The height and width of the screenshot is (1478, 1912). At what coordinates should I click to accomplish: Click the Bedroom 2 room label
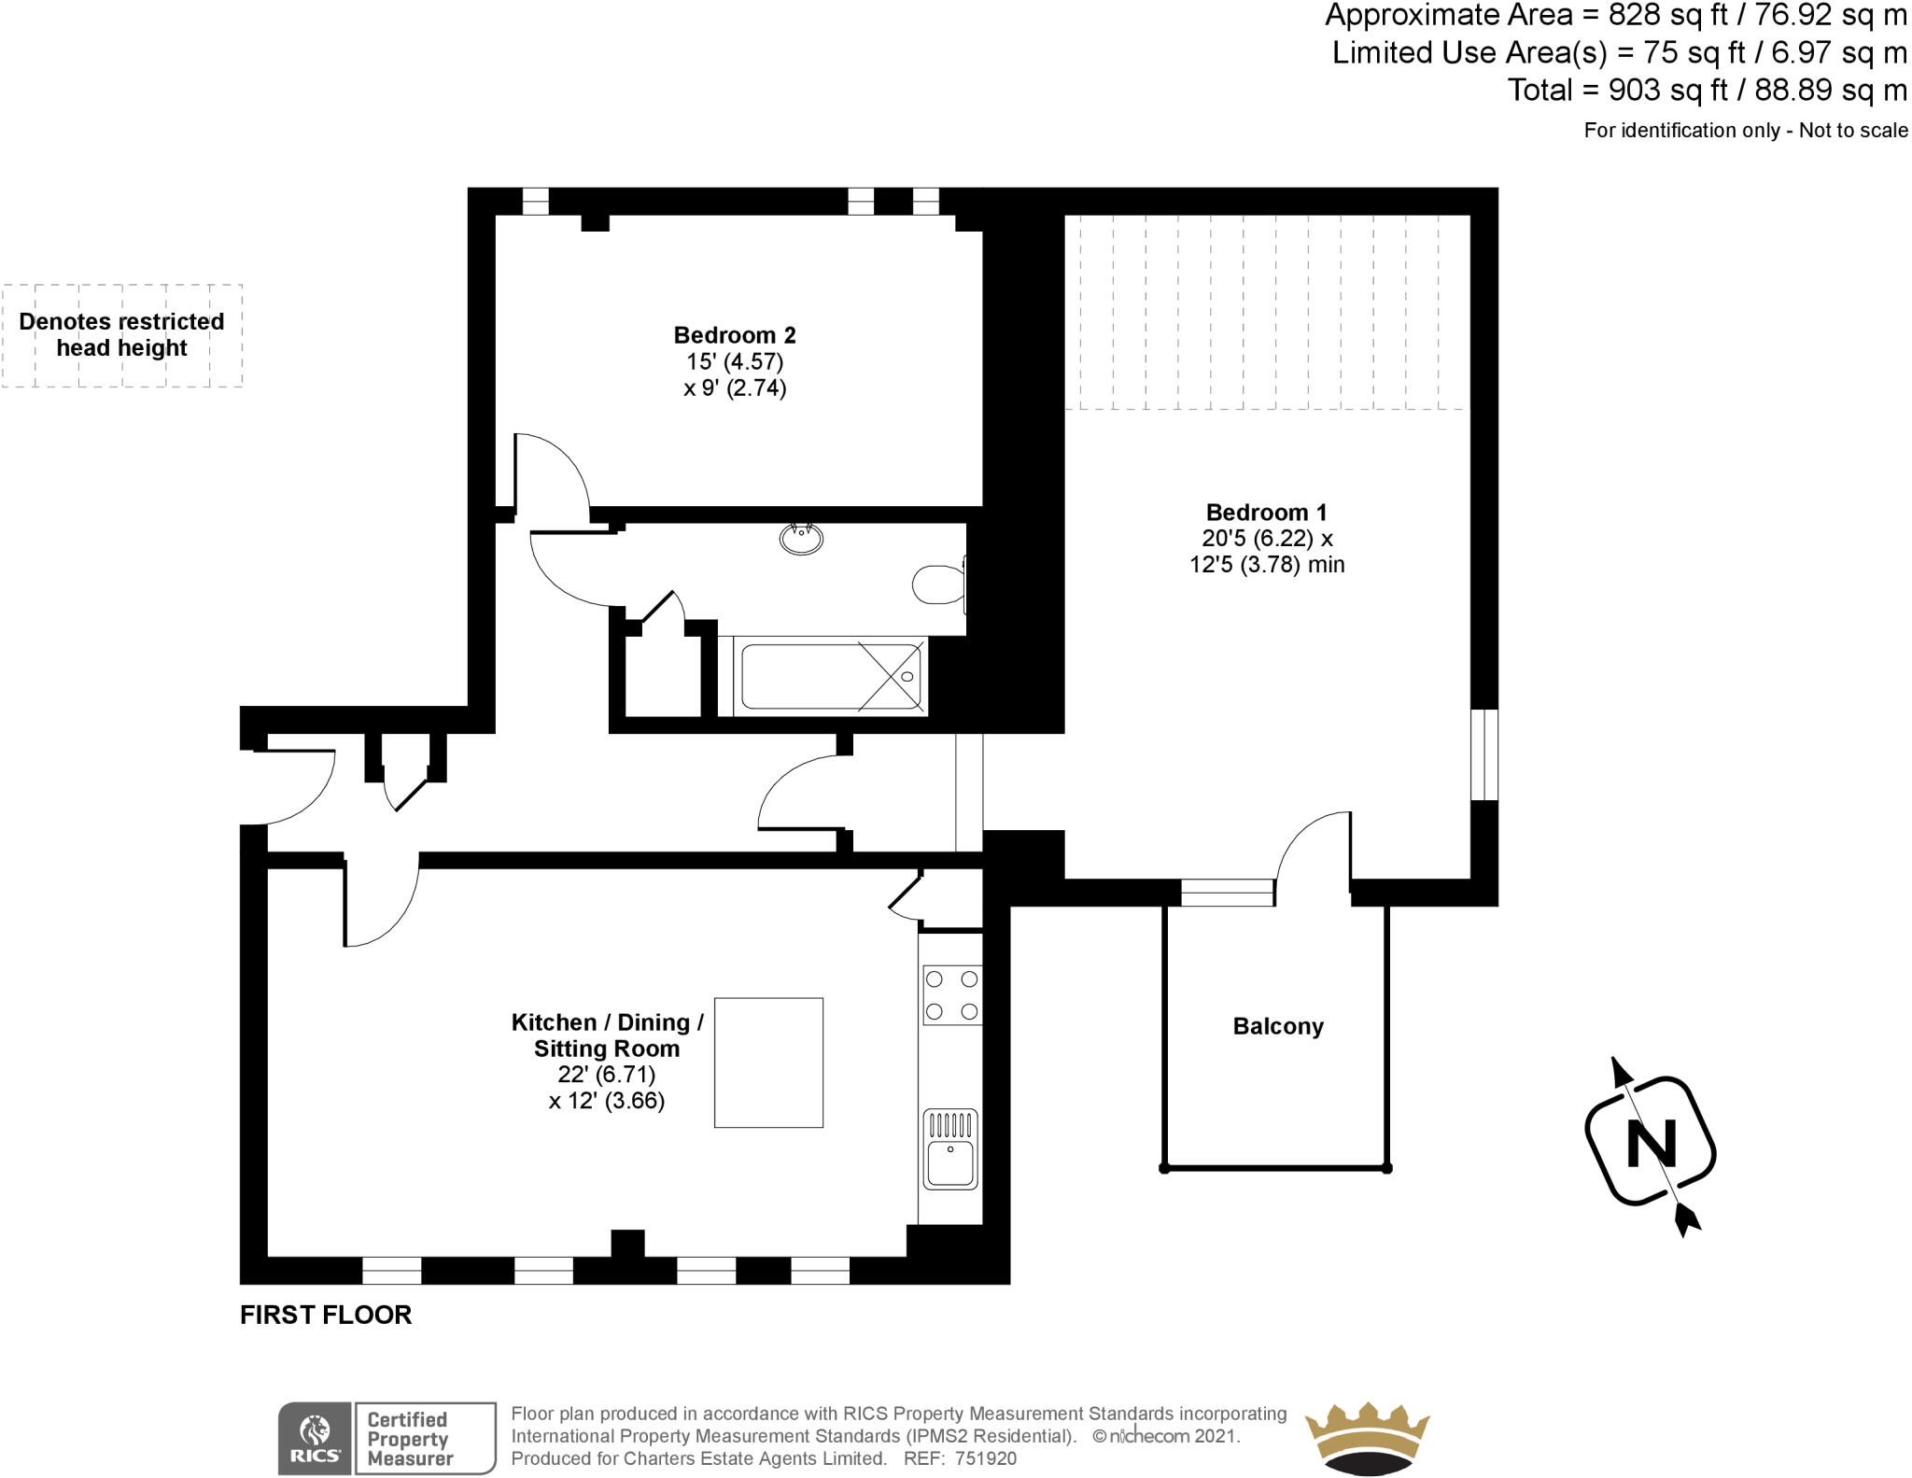click(735, 335)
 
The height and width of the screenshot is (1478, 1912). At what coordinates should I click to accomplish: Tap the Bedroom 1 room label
click(1266, 513)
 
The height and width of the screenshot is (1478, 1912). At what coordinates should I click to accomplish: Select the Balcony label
click(1278, 1026)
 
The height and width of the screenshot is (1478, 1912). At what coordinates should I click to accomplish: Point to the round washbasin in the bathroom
click(801, 539)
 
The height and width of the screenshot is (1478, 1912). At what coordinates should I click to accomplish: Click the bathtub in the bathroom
click(830, 677)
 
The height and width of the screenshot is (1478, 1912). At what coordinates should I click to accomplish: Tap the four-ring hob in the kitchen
click(951, 995)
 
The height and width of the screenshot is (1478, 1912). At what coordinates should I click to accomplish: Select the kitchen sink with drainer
click(950, 1149)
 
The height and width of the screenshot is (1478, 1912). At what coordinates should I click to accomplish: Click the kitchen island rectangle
click(768, 1063)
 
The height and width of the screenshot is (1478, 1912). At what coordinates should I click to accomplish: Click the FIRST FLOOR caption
click(326, 1315)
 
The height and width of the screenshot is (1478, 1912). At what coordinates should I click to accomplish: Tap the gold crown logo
click(1367, 1438)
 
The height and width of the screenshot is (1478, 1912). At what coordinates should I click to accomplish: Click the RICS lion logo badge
click(316, 1439)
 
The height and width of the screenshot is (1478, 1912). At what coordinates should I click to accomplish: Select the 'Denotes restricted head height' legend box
click(121, 335)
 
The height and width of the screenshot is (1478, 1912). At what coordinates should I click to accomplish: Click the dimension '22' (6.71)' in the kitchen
click(607, 1075)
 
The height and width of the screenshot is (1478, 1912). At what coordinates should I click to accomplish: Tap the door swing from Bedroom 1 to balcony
click(1312, 845)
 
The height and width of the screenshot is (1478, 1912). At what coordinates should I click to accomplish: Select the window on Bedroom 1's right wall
click(1484, 754)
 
